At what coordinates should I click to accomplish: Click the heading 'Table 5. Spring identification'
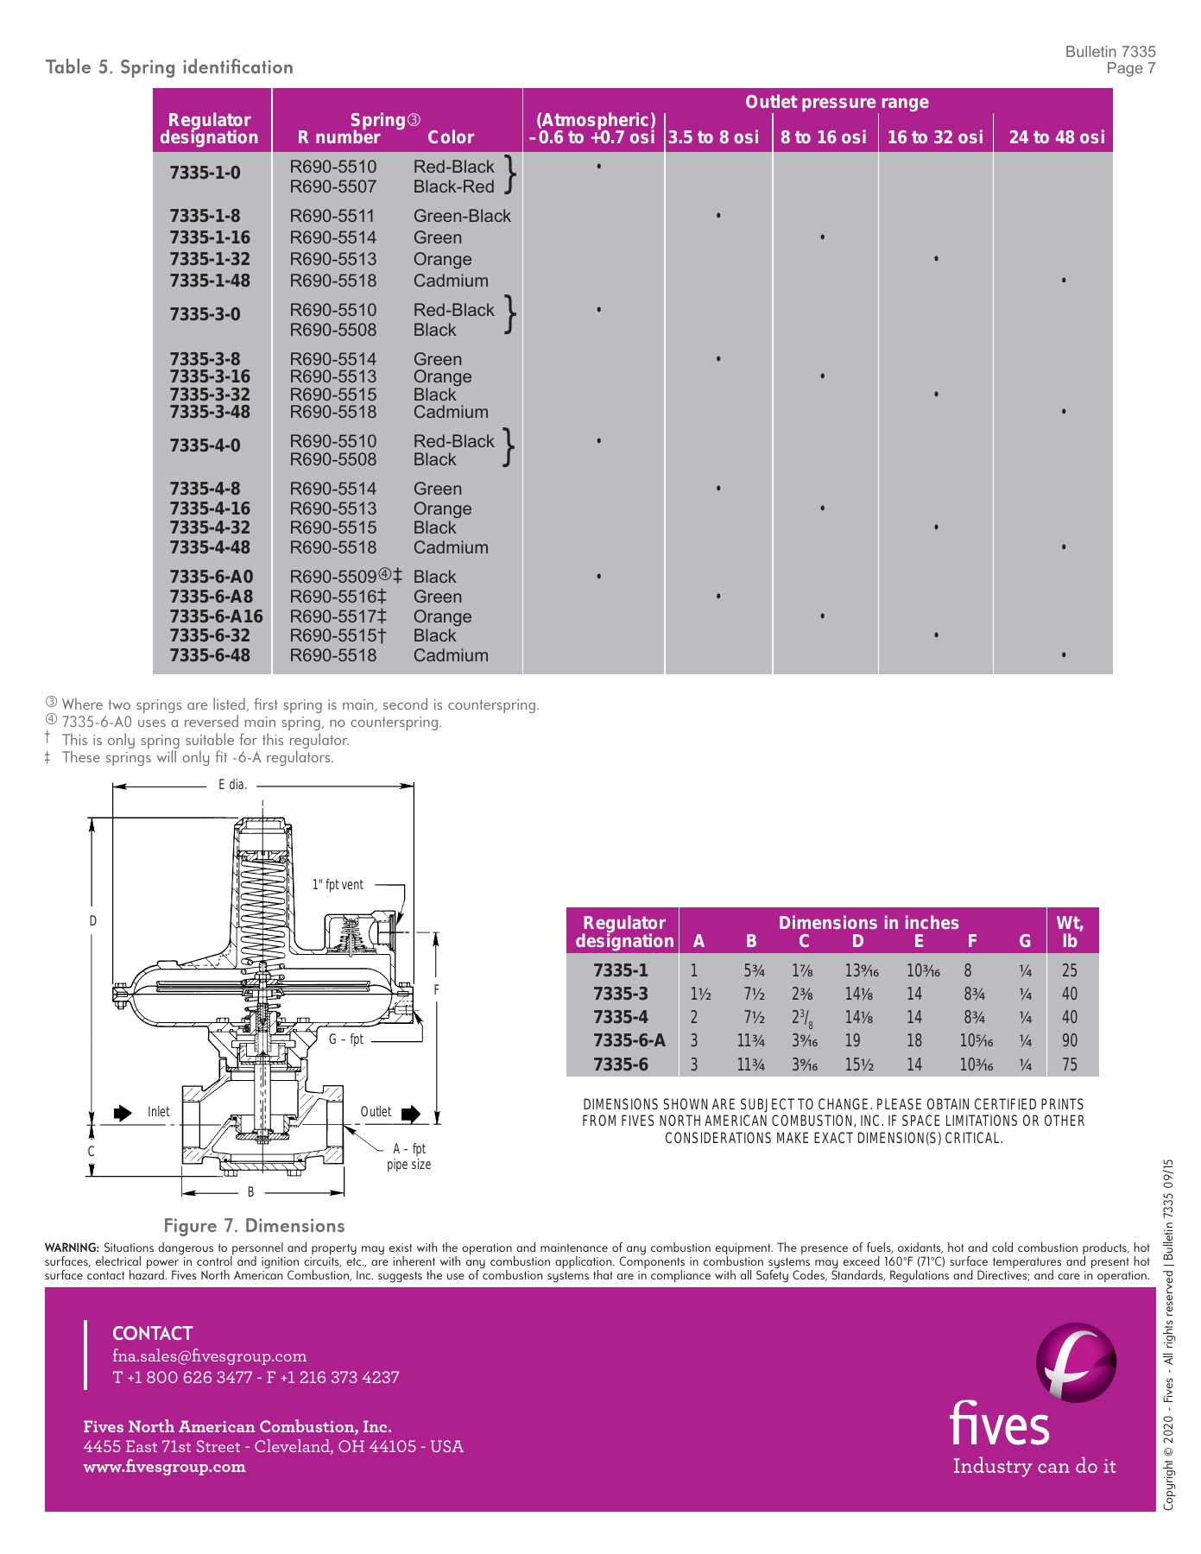(169, 67)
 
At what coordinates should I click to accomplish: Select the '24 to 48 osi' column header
(1056, 137)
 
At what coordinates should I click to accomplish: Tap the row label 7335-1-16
(210, 237)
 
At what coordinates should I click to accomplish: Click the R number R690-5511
(333, 216)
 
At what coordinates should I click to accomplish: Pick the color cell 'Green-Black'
(462, 216)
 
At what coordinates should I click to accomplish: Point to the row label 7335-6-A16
(216, 616)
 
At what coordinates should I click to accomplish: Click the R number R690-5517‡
(338, 616)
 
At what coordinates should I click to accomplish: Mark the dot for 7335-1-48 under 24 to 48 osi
(1064, 281)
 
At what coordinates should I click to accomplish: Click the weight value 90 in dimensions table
(1070, 1041)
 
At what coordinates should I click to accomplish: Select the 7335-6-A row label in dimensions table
(629, 1041)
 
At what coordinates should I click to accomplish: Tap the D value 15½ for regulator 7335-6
(859, 1064)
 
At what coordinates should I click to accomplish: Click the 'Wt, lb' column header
(1070, 932)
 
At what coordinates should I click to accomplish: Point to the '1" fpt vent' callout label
(338, 885)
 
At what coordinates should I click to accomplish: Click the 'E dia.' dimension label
(232, 785)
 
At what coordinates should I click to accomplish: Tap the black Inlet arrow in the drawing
(123, 1113)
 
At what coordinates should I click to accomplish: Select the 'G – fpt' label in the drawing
(345, 1039)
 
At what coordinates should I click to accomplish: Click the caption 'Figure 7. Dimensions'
(254, 1226)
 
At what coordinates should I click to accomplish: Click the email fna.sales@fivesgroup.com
(210, 1356)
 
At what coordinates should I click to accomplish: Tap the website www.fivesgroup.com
(164, 1467)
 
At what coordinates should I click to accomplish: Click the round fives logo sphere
(1076, 1362)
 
